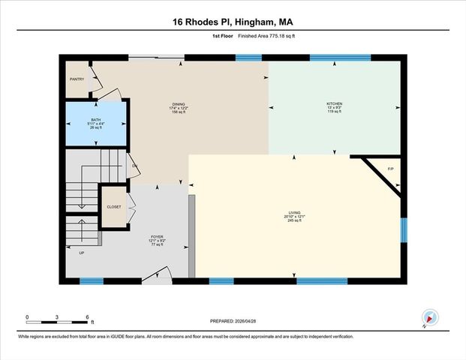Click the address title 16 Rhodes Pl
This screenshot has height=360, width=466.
[x=233, y=22]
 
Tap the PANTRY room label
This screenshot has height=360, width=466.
[x=77, y=78]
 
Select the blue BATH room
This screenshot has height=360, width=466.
[x=96, y=124]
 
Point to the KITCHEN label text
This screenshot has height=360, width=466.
[x=334, y=103]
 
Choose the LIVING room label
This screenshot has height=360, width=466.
[x=293, y=212]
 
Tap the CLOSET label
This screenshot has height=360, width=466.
[x=114, y=206]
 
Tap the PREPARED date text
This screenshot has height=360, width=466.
[x=233, y=321]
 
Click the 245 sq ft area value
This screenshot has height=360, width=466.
[x=293, y=221]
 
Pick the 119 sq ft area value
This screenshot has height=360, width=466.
[x=334, y=112]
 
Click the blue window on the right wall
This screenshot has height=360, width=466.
[x=403, y=230]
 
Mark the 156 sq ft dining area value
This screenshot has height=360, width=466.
[x=178, y=112]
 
